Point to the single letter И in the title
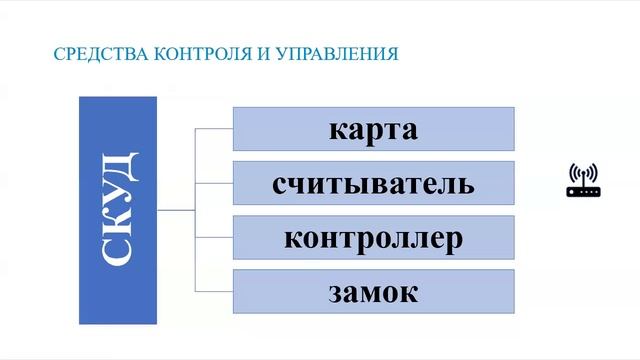point(262,53)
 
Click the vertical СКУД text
point(118,210)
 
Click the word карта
point(373,131)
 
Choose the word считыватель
point(373,185)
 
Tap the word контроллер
point(373,239)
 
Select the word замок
point(373,293)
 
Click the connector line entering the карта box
point(214,130)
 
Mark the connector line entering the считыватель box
point(214,184)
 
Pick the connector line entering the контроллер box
point(214,238)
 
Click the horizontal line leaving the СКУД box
point(176,211)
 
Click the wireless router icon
point(583,181)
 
